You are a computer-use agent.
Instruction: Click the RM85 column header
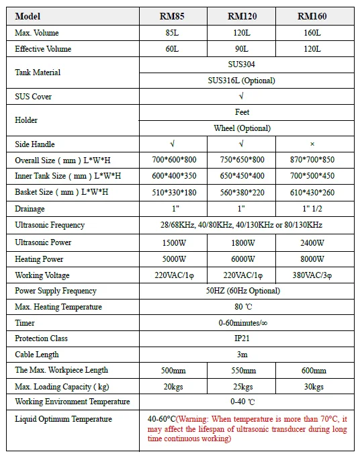pyautogui.click(x=173, y=16)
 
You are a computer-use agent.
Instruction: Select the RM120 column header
pyautogui.click(x=242, y=16)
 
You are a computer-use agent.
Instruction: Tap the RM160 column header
pyautogui.click(x=312, y=16)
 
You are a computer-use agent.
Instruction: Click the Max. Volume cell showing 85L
pyautogui.click(x=173, y=33)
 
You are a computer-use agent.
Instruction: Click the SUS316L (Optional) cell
pyautogui.click(x=242, y=81)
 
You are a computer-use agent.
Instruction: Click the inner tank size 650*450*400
pyautogui.click(x=242, y=177)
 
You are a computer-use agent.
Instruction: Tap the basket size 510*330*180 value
pyautogui.click(x=173, y=193)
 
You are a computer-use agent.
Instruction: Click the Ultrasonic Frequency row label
pyautogui.click(x=50, y=225)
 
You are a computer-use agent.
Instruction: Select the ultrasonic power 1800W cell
pyautogui.click(x=242, y=242)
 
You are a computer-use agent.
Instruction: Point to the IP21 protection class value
pyautogui.click(x=242, y=338)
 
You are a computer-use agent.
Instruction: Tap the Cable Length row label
pyautogui.click(x=37, y=355)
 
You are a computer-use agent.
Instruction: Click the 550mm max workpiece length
pyautogui.click(x=242, y=371)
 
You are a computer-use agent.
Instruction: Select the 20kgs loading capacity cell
pyautogui.click(x=173, y=387)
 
